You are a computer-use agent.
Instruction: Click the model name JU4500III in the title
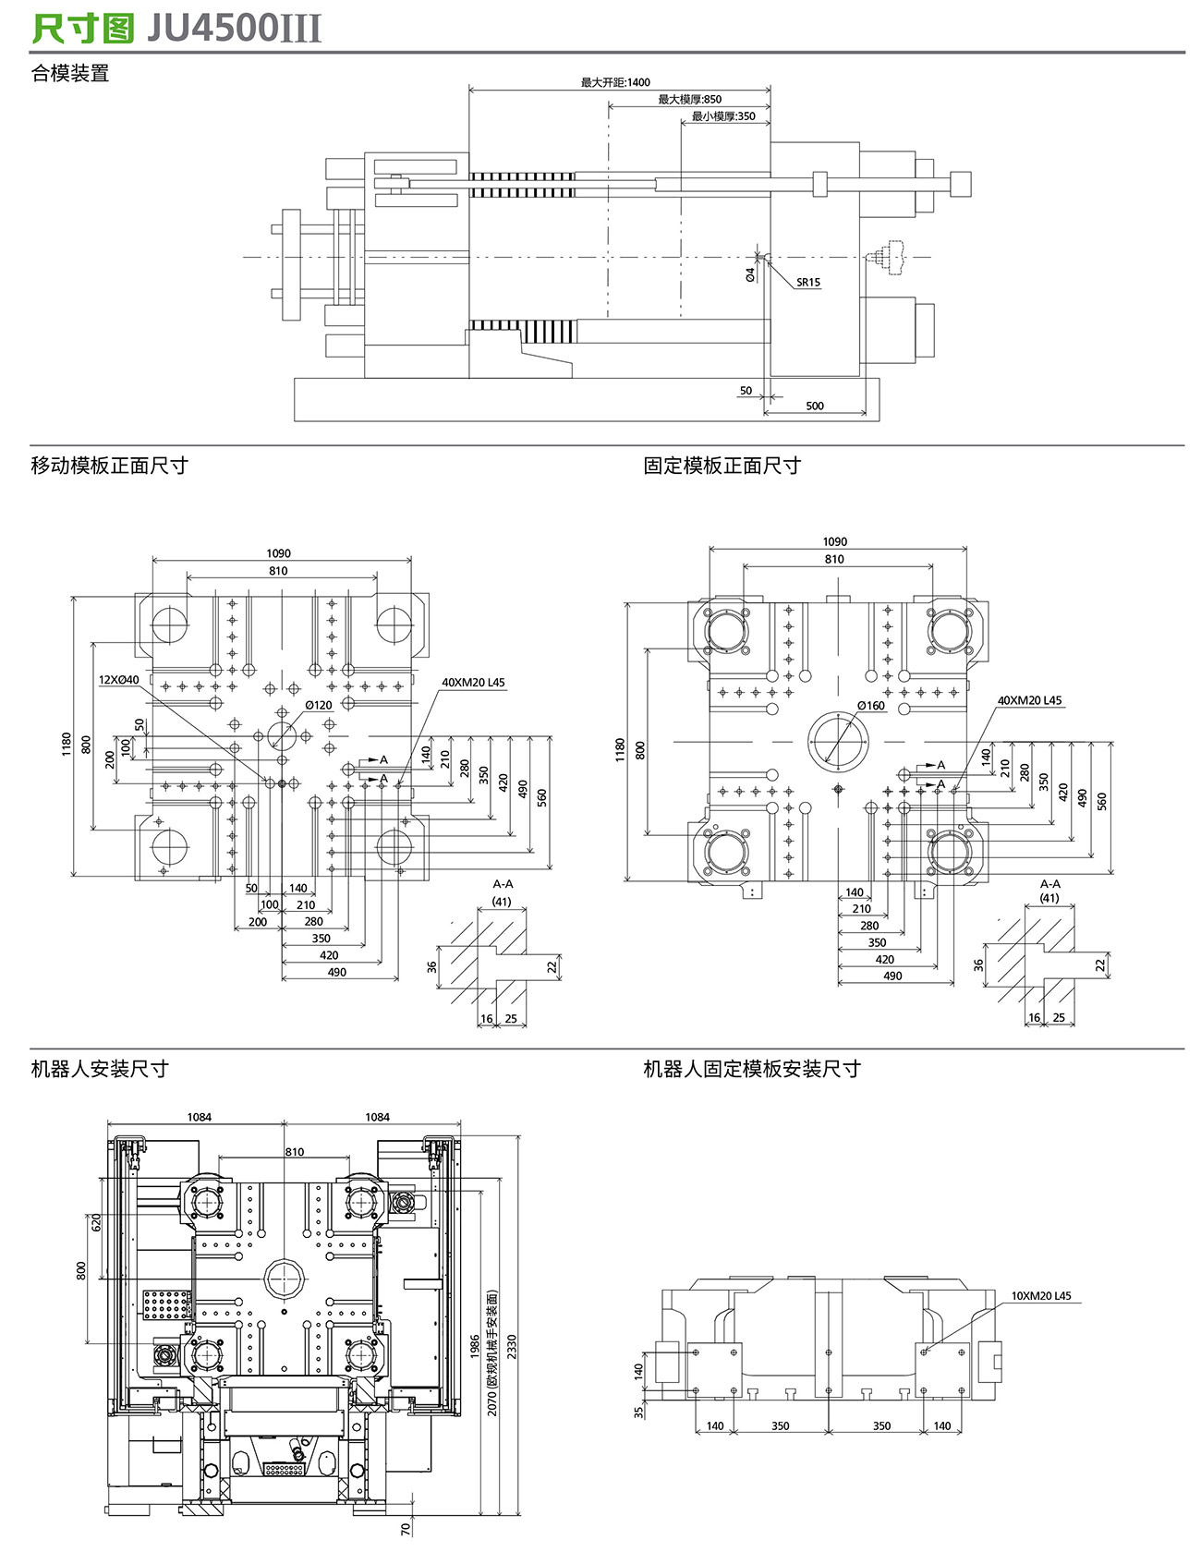point(235,29)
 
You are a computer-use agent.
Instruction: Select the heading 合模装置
point(70,74)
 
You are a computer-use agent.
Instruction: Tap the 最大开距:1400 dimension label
point(615,82)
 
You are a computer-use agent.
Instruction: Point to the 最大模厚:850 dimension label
point(689,100)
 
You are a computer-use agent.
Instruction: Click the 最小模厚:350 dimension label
point(723,116)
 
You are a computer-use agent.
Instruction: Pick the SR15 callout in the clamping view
point(808,283)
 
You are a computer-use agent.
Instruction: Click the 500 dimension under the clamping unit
point(814,406)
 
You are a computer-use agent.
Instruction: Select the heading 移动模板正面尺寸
point(109,466)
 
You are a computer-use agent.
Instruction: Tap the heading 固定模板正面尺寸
point(722,466)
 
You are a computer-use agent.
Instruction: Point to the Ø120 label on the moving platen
point(319,706)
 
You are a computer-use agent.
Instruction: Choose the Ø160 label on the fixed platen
point(870,706)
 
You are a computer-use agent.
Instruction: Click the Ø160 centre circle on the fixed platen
point(839,742)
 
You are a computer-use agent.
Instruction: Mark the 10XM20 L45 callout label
point(1040,1296)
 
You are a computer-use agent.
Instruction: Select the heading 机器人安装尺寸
point(100,1069)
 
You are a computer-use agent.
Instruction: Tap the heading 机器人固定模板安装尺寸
point(751,1069)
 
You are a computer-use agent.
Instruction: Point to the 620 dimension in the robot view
point(95,1222)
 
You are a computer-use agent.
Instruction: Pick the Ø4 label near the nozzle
point(750,274)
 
